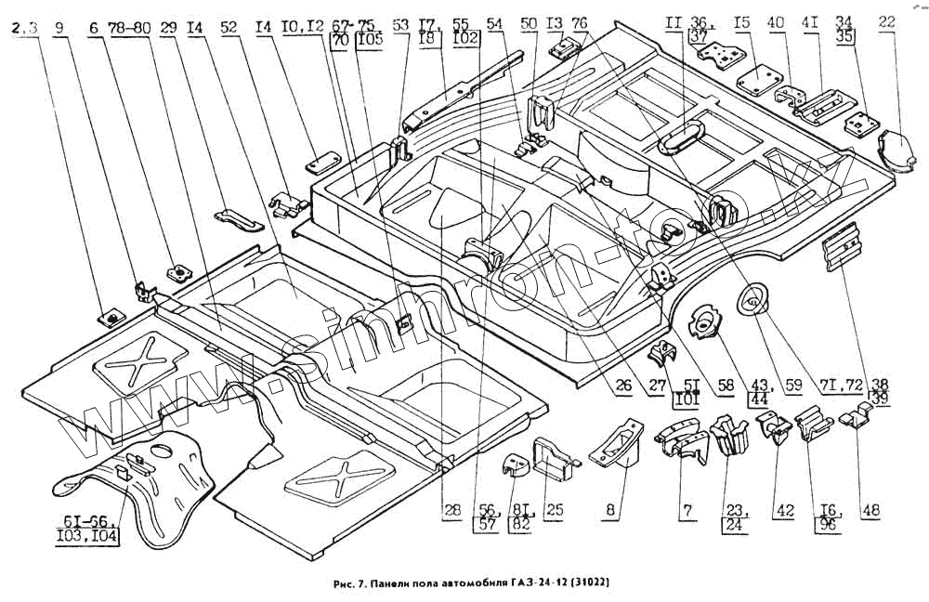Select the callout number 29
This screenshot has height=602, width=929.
pyautogui.click(x=168, y=28)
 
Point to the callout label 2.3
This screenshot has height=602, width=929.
pyautogui.click(x=25, y=28)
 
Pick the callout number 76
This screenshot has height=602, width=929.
pyautogui.click(x=580, y=22)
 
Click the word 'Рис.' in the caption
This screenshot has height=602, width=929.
pyautogui.click(x=343, y=583)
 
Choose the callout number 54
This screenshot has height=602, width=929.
pyautogui.click(x=493, y=22)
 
